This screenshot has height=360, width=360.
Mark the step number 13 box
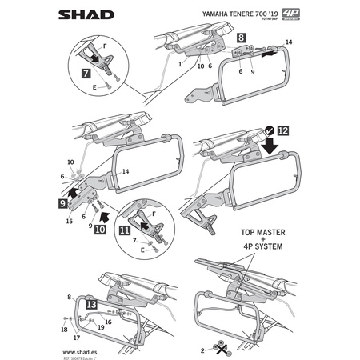pos(92,306)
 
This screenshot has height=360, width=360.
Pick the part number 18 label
pos(63,329)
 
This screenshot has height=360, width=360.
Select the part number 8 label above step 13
pos(70,296)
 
